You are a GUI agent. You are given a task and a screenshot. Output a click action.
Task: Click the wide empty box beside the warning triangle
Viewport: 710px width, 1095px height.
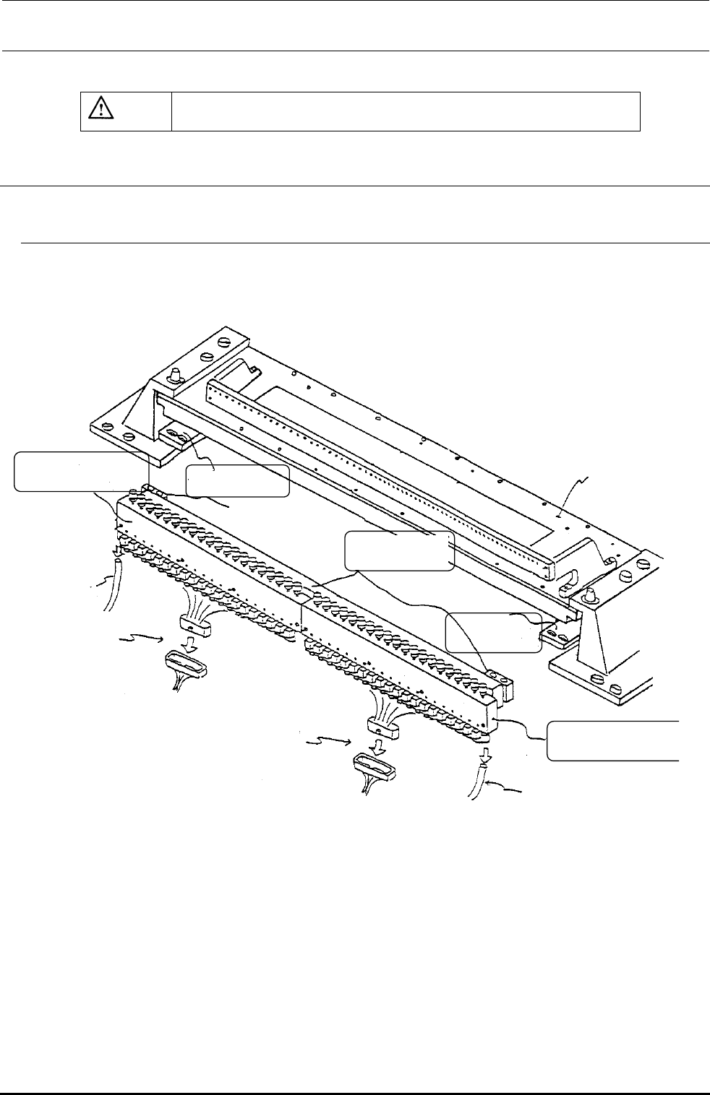click(406, 111)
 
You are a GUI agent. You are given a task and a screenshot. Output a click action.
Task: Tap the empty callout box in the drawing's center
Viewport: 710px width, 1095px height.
click(400, 551)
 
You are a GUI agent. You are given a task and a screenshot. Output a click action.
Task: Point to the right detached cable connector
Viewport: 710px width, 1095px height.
click(374, 766)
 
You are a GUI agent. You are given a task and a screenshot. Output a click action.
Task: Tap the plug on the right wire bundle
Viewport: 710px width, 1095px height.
click(379, 725)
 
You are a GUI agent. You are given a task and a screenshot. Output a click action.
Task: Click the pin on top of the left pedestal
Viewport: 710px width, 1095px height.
click(174, 376)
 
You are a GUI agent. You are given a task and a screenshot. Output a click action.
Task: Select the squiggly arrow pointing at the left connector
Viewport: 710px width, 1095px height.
click(143, 639)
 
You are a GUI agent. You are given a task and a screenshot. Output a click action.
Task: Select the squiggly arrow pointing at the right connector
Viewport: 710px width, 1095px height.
click(329, 741)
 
